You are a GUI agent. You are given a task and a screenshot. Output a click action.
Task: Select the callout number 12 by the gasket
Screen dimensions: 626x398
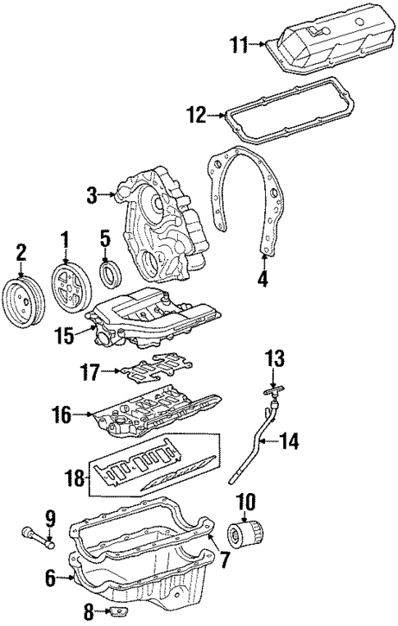tap(194, 117)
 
